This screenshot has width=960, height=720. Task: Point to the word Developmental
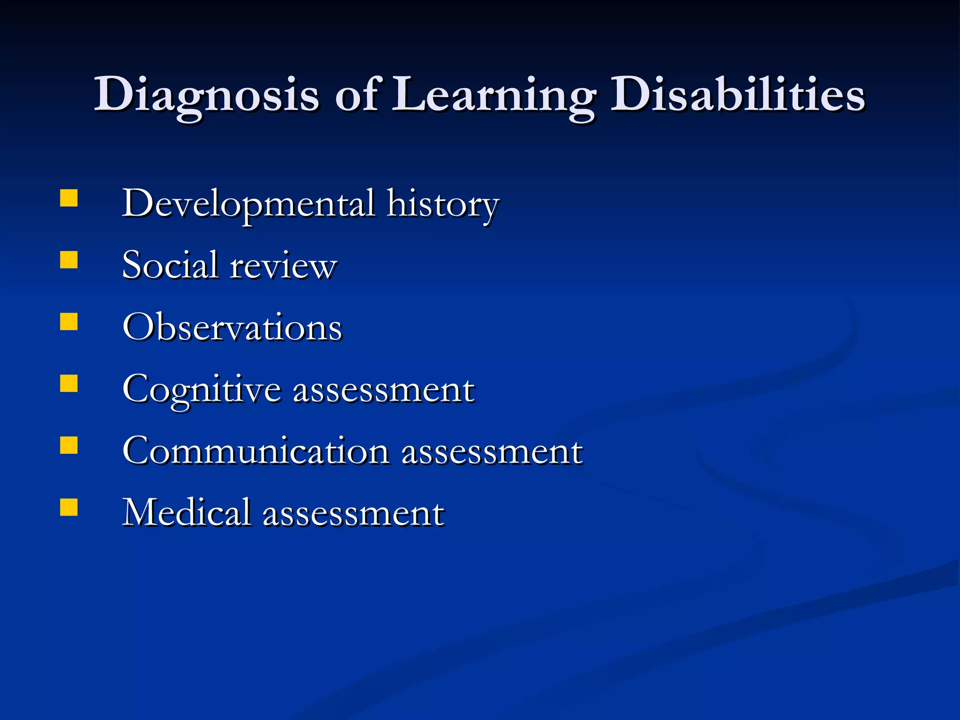tap(248, 204)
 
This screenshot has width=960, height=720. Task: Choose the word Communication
tap(255, 451)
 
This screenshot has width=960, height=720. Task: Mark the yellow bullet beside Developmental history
tap(69, 198)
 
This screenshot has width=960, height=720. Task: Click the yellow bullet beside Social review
tap(69, 260)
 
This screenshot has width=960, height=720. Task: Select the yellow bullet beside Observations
tap(69, 322)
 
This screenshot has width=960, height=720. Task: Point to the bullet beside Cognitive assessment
tap(69, 383)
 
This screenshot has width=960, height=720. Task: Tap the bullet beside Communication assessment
tap(69, 445)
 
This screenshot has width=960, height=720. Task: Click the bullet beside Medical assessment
tap(69, 507)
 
